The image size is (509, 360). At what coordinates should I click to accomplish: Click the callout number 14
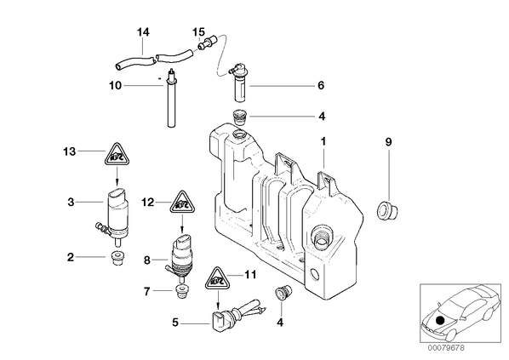(x=143, y=32)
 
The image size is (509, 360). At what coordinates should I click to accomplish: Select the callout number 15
(x=198, y=32)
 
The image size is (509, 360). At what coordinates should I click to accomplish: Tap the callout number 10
(x=115, y=86)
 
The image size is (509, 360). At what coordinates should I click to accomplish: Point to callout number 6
(x=321, y=85)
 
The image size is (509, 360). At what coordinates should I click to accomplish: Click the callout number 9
(x=389, y=142)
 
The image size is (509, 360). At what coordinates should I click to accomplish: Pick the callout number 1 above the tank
(x=323, y=141)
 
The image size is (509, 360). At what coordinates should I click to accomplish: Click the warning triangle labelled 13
(x=117, y=154)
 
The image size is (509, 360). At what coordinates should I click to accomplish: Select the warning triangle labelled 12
(x=182, y=203)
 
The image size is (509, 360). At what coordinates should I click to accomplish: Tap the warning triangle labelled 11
(x=218, y=278)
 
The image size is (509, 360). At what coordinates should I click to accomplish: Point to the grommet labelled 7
(x=182, y=292)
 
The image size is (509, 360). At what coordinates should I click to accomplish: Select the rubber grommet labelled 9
(x=387, y=210)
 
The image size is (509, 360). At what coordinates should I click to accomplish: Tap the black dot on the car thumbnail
(x=440, y=321)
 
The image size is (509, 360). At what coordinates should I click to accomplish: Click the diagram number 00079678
(x=446, y=348)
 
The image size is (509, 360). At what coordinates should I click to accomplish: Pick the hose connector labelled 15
(x=208, y=43)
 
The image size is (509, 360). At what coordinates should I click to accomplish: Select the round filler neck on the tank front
(x=322, y=237)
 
